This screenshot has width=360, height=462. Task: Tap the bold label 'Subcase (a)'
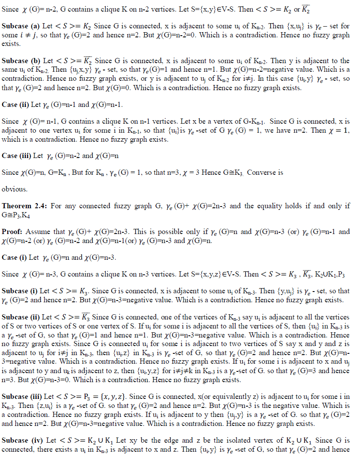pyautogui.click(x=20, y=22)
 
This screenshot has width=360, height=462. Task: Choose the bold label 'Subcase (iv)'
pyautogui.click(x=21, y=441)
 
